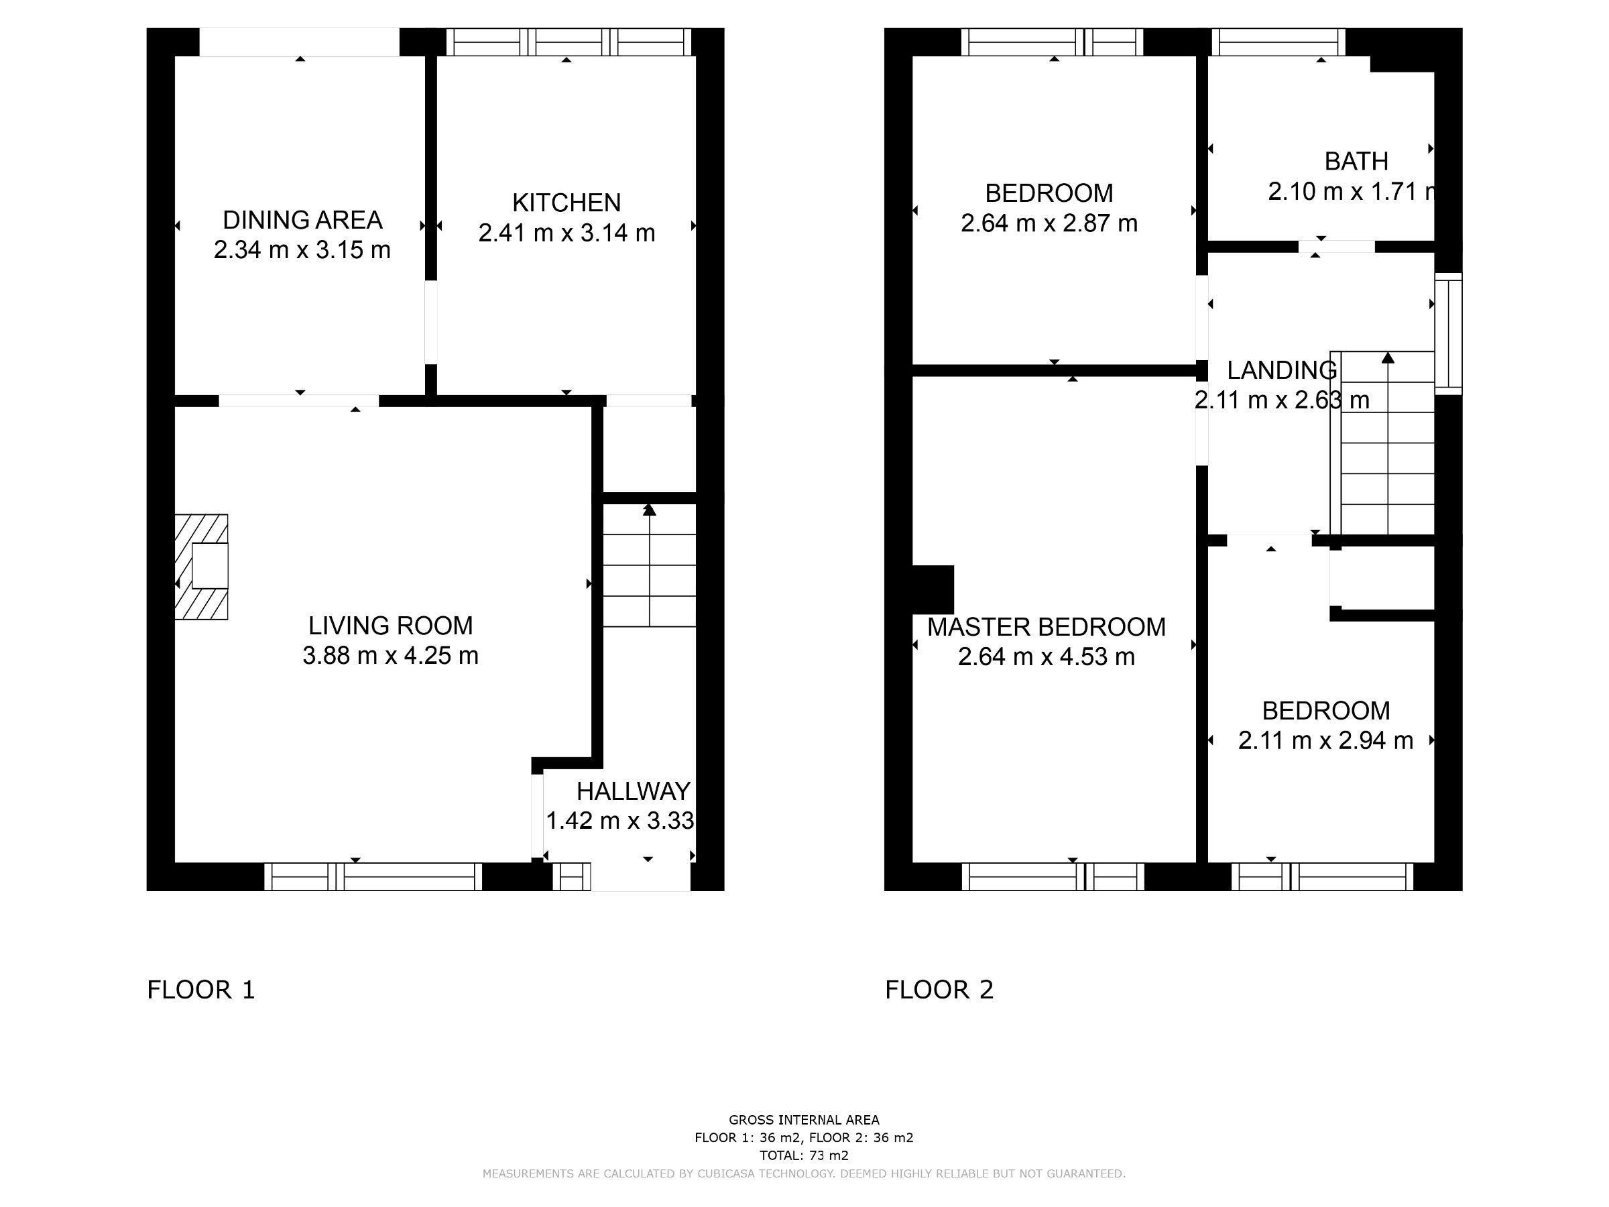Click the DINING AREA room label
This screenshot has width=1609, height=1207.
coord(302,220)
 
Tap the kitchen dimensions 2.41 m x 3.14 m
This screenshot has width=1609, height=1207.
coord(566,233)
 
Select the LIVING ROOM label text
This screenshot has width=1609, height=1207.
coord(390,626)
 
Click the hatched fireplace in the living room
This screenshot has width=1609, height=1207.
coord(202,567)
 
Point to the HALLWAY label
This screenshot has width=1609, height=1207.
coord(633,791)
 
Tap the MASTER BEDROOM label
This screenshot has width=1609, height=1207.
coord(1046,627)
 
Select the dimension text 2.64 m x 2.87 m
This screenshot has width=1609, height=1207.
coord(1049,223)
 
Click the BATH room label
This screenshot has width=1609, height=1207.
coord(1356,161)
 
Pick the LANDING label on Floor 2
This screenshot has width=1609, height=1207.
coord(1281,370)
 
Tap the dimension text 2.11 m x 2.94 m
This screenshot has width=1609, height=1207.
coord(1325,741)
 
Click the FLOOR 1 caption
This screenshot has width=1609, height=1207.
coord(200,990)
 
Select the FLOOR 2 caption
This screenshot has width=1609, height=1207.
coord(939,990)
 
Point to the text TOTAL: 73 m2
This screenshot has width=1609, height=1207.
coord(804,1155)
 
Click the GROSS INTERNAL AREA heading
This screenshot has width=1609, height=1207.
coord(804,1120)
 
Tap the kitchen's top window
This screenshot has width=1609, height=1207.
coord(568,42)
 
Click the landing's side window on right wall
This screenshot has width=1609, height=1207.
coord(1447,334)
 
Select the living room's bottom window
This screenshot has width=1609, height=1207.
coord(373,876)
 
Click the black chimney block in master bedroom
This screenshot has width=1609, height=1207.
coord(932,589)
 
